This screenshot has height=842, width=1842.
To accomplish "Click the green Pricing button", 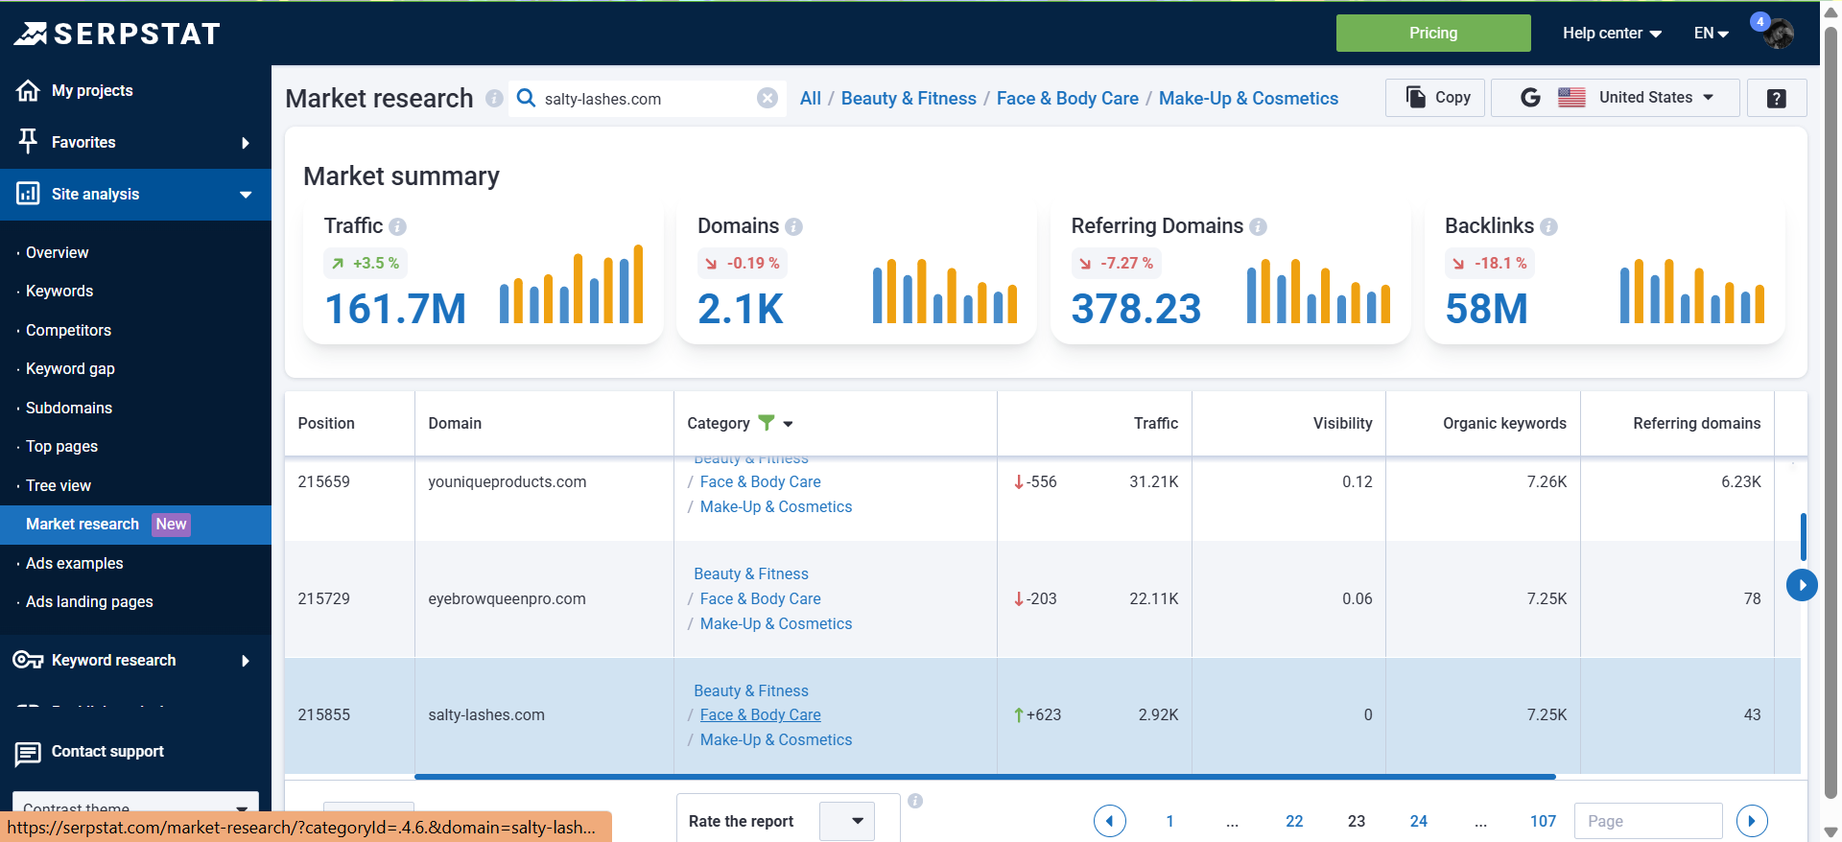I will point(1432,33).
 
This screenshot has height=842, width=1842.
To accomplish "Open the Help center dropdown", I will point(1611,33).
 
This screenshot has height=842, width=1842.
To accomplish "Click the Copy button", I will point(1436,97).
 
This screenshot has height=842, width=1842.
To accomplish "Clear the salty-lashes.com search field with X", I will point(767,98).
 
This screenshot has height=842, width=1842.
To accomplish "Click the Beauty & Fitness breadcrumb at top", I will point(908,98).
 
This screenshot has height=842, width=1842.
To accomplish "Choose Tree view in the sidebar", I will point(59,485).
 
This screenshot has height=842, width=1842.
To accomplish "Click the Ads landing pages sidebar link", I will point(89,601).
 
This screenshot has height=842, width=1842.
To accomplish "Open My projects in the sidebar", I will point(91,90).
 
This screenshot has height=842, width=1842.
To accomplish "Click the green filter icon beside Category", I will point(766,422).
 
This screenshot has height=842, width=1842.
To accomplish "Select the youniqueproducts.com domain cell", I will point(507,481).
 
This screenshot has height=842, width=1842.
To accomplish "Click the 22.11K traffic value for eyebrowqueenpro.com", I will point(1153,598).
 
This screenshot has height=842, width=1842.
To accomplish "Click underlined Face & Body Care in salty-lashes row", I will point(760,714).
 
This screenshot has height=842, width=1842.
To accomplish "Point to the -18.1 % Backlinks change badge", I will point(1490,263).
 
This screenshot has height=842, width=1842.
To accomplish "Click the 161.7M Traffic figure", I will point(395,309).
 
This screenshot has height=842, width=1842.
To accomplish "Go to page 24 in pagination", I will point(1418,821).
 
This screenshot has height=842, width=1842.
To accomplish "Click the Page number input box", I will point(1646,821).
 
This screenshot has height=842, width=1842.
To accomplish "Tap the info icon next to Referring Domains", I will point(1258,226).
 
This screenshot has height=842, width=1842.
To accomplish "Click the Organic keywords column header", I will point(1503,423).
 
